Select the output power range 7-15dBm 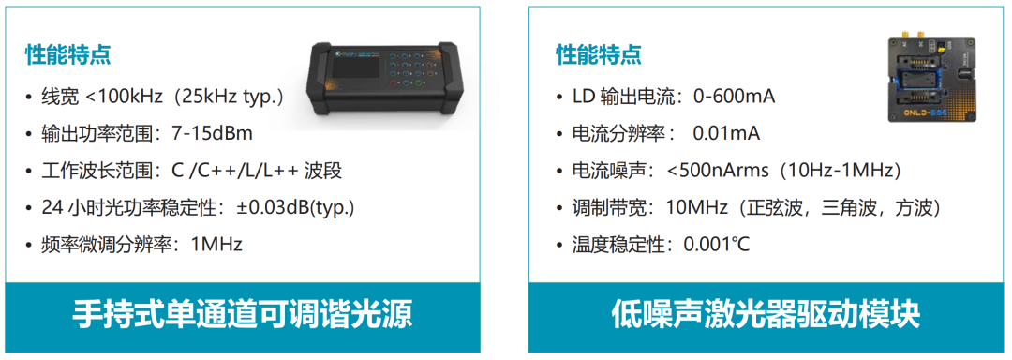(212, 133)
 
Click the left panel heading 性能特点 (67, 54)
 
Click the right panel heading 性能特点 (599, 54)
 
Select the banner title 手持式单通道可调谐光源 (242, 316)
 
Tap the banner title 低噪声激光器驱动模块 (766, 316)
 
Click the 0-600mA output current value (734, 97)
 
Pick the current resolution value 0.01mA (726, 133)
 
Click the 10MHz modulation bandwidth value (688, 208)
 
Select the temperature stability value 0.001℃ (717, 246)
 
